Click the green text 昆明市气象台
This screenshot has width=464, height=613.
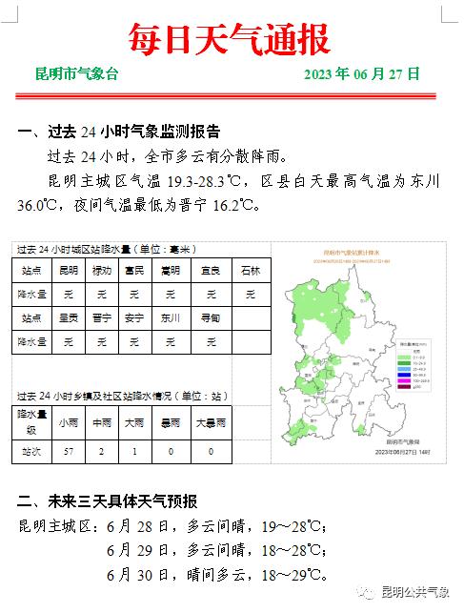[77, 74]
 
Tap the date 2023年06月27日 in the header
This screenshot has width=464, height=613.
[362, 74]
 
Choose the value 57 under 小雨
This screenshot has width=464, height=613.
[68, 451]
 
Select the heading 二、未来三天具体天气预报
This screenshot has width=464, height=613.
[108, 501]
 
